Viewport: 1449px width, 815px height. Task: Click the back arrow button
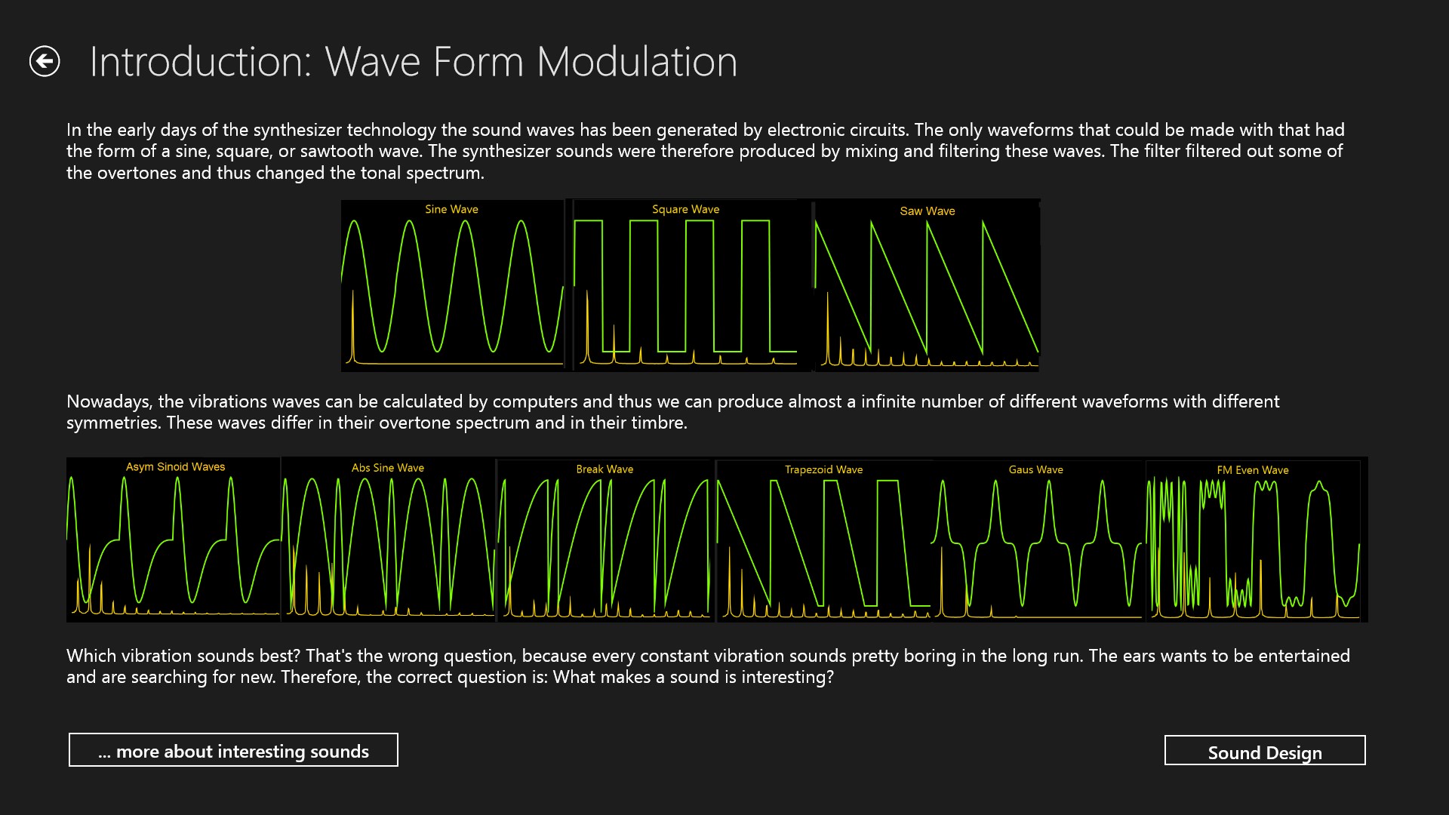[45, 61]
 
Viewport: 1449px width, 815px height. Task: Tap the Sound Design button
[1265, 751]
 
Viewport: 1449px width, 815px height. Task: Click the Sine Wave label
[451, 209]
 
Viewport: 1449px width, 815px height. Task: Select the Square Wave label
[685, 209]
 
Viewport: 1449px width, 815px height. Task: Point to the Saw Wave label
[927, 211]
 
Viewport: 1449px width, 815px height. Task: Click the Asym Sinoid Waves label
[175, 467]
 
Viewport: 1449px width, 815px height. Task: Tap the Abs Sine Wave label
[387, 468]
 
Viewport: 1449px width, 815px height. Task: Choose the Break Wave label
[605, 469]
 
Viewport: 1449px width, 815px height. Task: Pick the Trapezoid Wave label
[823, 469]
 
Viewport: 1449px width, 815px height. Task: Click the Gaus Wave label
[1035, 469]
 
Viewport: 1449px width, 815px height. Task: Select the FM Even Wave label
[1252, 470]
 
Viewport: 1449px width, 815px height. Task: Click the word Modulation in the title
[637, 62]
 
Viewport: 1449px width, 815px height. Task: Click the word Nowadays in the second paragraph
[109, 401]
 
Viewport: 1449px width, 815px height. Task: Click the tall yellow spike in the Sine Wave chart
[352, 324]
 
